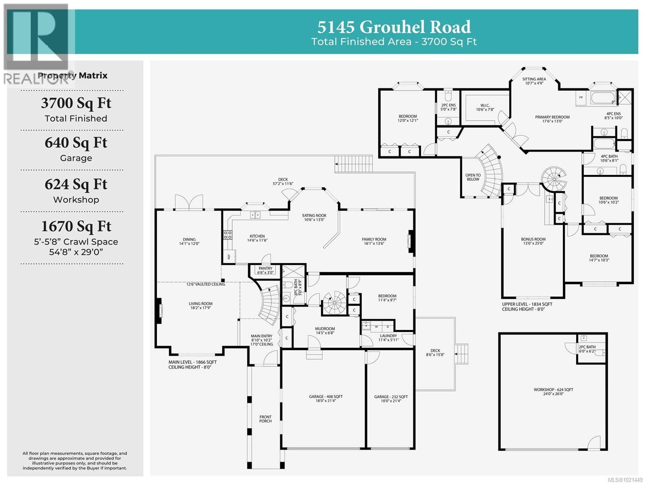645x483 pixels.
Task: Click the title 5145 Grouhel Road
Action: (x=394, y=27)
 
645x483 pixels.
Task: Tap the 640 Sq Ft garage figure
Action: (x=76, y=143)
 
